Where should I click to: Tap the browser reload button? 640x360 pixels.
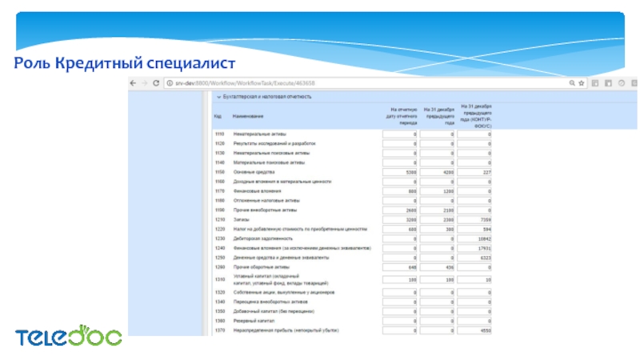[160, 82]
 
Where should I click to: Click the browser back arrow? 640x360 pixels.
[134, 82]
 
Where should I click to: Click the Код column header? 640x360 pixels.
[218, 117]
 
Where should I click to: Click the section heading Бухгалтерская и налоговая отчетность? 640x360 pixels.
[268, 97]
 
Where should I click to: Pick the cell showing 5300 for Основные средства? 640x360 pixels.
[401, 172]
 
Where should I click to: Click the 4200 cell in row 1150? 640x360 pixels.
[438, 172]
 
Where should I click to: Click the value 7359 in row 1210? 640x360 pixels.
[476, 220]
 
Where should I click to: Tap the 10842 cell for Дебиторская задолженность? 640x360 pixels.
[476, 238]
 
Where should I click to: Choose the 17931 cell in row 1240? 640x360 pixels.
[476, 248]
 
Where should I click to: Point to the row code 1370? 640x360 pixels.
[218, 330]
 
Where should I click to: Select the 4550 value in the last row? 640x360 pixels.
[476, 330]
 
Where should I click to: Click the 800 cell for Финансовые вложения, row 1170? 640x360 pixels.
[401, 191]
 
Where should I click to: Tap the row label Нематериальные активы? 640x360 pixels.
[259, 134]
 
